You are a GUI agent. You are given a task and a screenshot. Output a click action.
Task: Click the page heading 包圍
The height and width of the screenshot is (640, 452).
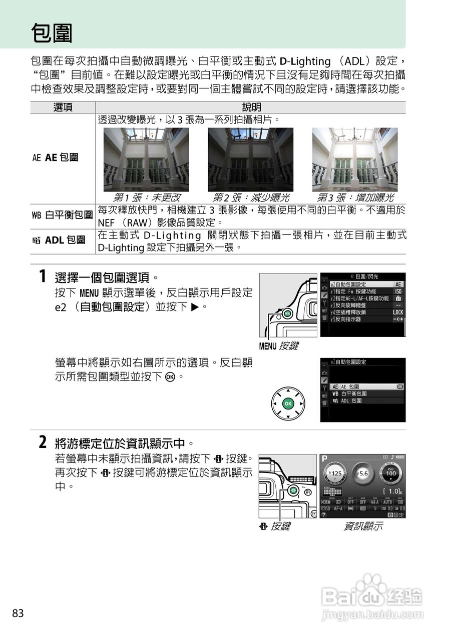52,34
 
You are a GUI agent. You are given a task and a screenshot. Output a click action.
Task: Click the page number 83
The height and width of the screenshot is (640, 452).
18,613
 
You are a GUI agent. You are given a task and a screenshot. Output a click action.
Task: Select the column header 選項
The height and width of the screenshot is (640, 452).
63,107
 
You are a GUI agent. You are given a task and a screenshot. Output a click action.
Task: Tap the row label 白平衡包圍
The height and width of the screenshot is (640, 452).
63,215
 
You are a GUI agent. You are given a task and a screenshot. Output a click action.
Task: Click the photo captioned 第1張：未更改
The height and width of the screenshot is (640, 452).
146,159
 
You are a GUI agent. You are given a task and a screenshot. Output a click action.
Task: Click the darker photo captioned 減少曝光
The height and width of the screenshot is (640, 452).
250,159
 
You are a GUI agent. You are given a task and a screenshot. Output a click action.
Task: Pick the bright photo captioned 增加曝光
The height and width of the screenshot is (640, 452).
355,159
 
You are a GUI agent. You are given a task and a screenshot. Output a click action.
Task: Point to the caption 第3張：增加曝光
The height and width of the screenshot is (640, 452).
355,197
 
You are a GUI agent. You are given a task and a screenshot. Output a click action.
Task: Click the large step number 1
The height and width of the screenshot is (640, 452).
43,276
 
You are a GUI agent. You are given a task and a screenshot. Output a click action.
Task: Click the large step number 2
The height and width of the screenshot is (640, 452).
43,442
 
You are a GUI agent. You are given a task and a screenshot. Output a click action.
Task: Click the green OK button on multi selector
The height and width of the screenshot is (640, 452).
288,403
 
